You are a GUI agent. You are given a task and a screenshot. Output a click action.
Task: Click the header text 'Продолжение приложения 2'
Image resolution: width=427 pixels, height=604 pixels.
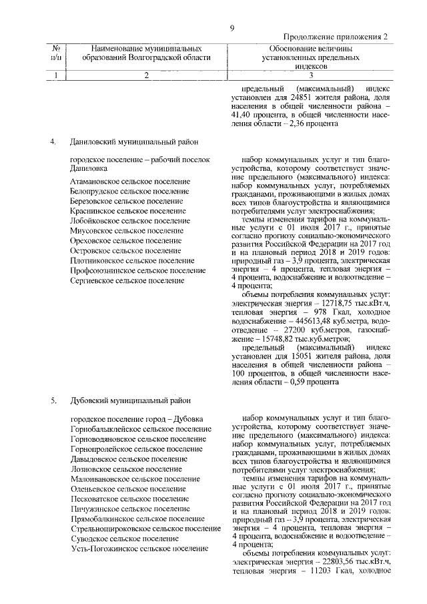pyautogui.click(x=336, y=39)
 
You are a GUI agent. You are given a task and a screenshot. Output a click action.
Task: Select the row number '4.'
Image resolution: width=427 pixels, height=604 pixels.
pyautogui.click(x=53, y=142)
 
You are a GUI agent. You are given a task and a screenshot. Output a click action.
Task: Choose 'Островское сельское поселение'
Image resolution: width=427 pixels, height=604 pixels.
pyautogui.click(x=125, y=251)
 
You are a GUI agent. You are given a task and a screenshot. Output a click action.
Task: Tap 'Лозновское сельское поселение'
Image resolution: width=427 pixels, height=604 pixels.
pyautogui.click(x=121, y=469)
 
